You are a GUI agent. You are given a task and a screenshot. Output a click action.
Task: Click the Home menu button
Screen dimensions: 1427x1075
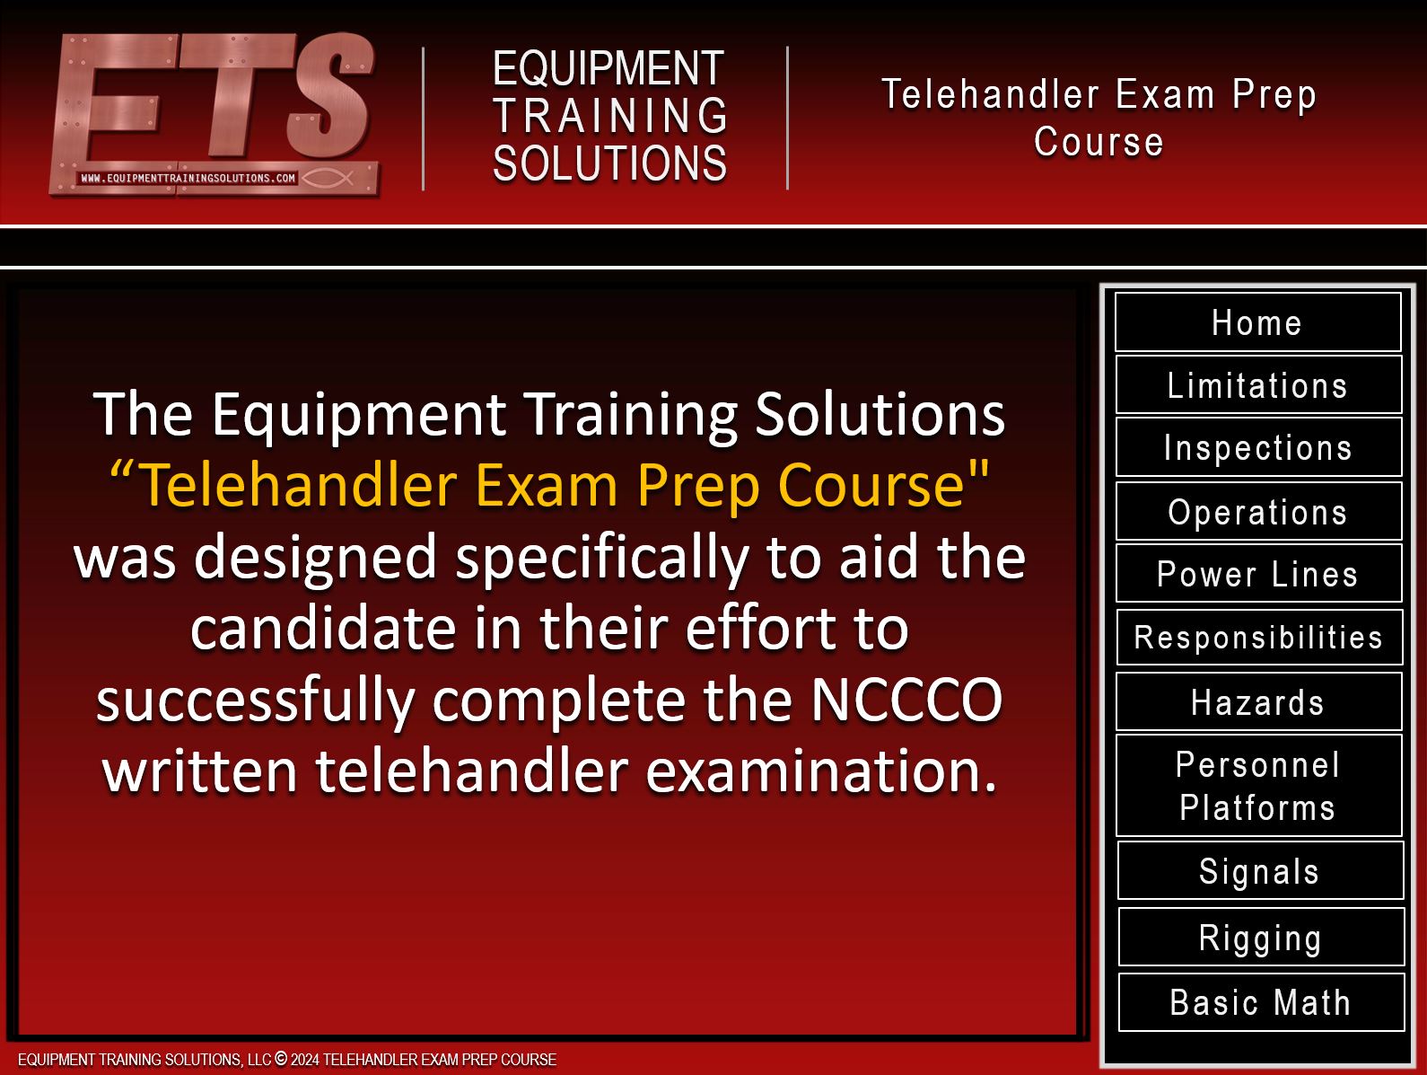click(1257, 322)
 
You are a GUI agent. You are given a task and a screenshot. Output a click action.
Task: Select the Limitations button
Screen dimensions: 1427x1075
click(1258, 385)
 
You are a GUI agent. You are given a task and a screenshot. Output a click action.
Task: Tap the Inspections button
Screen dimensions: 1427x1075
click(1258, 447)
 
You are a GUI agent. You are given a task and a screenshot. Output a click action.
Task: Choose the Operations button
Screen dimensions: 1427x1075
click(1258, 511)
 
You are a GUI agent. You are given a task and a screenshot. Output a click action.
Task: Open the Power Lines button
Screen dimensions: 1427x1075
click(1258, 574)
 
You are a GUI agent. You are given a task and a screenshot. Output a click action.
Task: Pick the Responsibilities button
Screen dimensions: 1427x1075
click(1259, 638)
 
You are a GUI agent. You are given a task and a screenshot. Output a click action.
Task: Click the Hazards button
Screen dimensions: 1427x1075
click(1258, 701)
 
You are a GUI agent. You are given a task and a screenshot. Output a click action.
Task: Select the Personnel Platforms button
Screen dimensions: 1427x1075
click(1258, 786)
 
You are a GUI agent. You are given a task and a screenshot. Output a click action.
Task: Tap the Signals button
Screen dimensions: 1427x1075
click(1260, 871)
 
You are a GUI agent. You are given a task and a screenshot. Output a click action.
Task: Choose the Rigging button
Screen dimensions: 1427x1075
click(1261, 937)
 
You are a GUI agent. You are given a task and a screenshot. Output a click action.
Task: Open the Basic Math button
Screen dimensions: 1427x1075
click(1261, 1002)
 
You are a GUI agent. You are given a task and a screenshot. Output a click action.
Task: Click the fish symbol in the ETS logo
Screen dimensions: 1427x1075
click(327, 178)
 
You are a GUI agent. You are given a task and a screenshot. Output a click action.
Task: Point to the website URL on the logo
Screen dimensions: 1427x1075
click(188, 178)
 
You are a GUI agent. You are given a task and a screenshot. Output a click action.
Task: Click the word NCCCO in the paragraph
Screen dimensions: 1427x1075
click(906, 701)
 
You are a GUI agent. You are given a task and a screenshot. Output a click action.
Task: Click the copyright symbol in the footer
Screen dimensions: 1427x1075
click(281, 1059)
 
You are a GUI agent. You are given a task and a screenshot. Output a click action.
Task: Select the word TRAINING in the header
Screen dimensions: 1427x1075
click(610, 116)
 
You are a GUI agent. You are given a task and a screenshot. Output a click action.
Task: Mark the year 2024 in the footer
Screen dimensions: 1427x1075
click(305, 1060)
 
